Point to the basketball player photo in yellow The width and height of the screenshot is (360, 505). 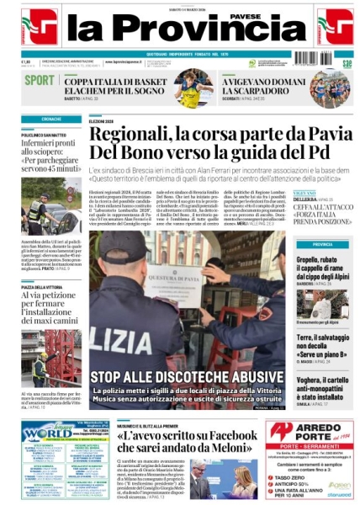click(x=194, y=88)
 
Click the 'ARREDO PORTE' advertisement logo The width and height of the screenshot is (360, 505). click(x=310, y=431)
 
